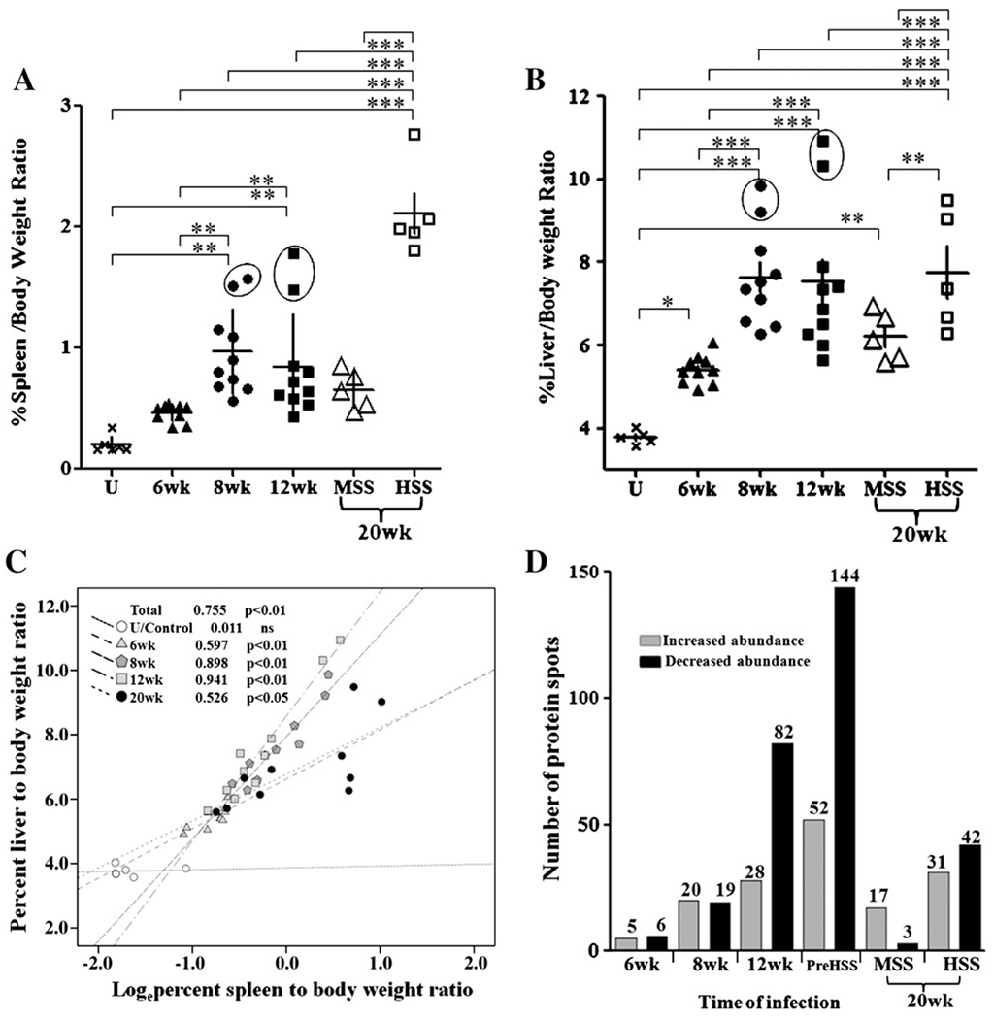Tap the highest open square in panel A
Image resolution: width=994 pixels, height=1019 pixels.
414,135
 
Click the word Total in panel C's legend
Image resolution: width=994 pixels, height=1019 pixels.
146,610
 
